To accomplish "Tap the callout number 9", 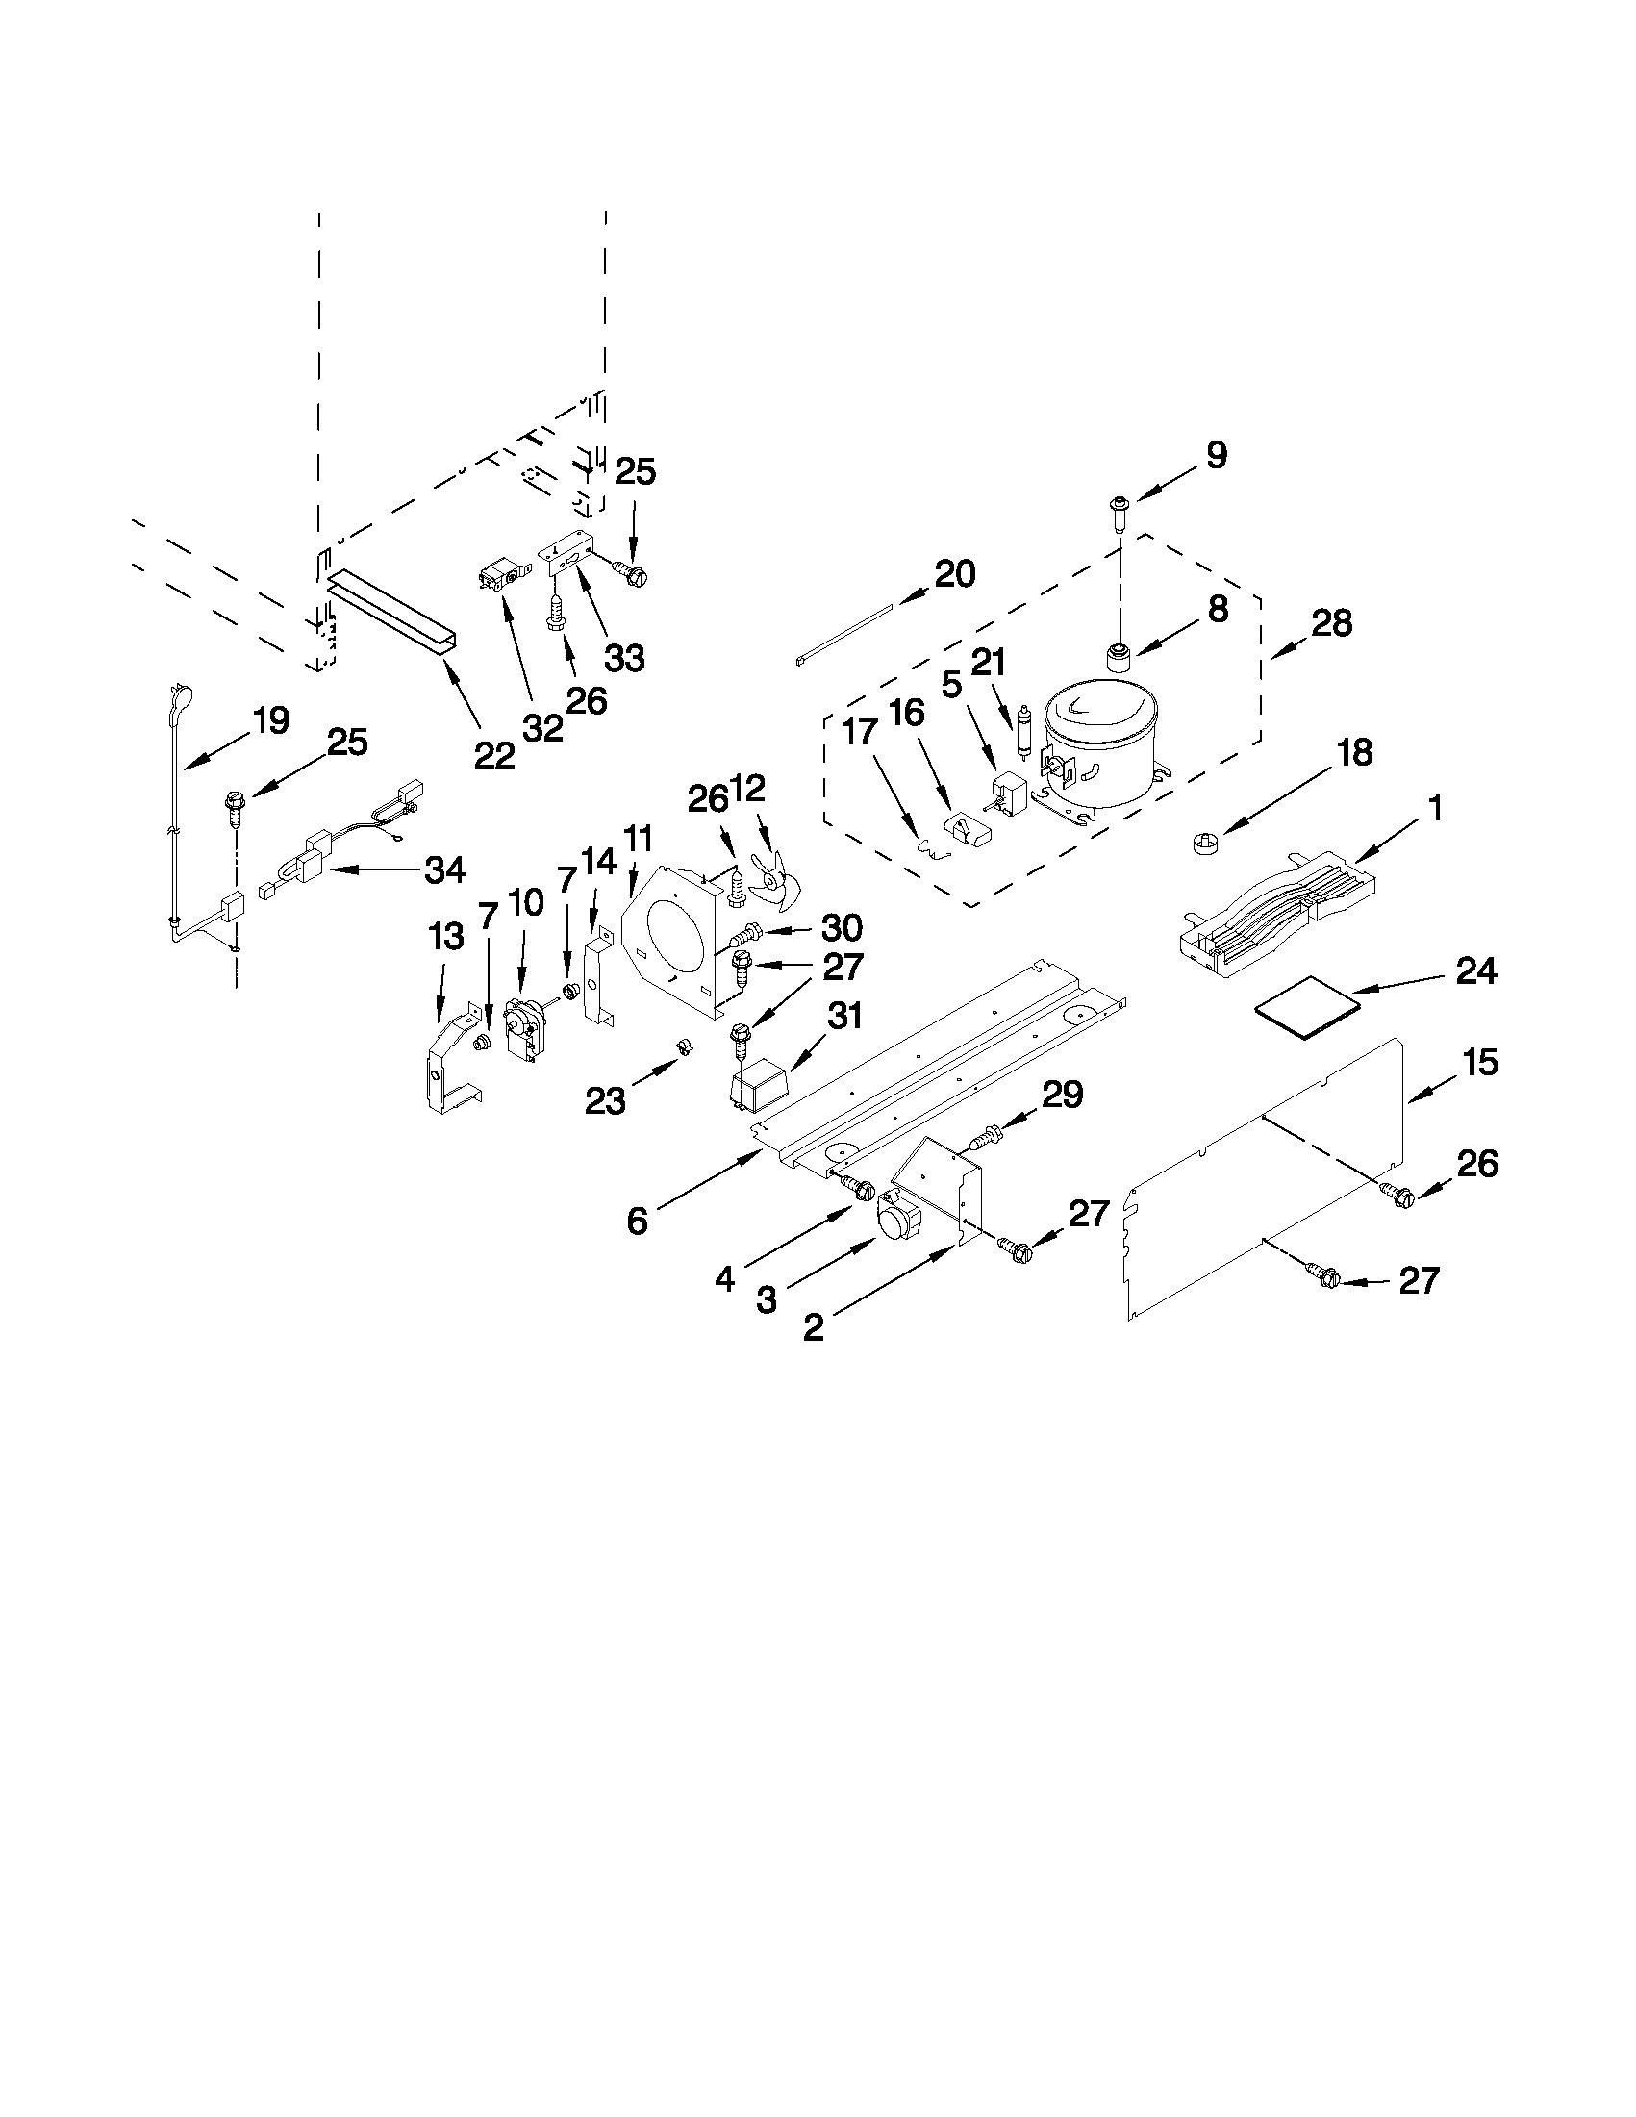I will pyautogui.click(x=1217, y=455).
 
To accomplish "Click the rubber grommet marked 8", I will pyautogui.click(x=1120, y=656).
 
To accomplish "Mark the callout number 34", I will pyautogui.click(x=445, y=869).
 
